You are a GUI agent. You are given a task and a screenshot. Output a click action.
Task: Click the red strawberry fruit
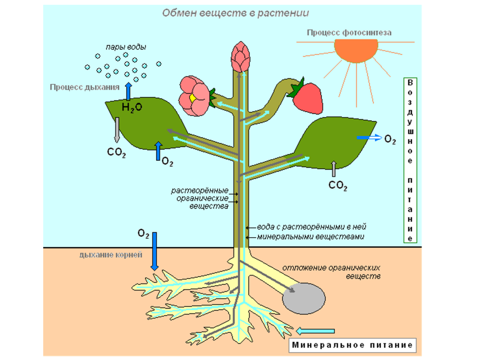coord(308,98)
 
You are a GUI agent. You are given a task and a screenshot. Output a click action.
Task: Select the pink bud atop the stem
coord(241,57)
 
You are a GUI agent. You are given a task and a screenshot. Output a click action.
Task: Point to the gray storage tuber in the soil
coord(304,298)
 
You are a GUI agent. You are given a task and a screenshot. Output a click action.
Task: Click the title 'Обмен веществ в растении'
coord(235,13)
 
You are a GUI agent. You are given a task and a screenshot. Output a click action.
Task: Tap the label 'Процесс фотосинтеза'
coord(349,33)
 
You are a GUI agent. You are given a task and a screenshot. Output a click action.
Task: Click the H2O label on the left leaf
coord(132,108)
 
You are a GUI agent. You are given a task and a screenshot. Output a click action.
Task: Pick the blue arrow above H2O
coord(128,90)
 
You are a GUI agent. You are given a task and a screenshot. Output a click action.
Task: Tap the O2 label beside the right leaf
coord(390,139)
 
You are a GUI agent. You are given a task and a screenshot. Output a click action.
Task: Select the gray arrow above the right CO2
coord(333,168)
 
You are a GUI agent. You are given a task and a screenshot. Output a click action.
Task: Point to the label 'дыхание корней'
coord(111,255)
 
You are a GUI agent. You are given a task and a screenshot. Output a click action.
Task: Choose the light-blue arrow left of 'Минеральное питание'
coord(316,331)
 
